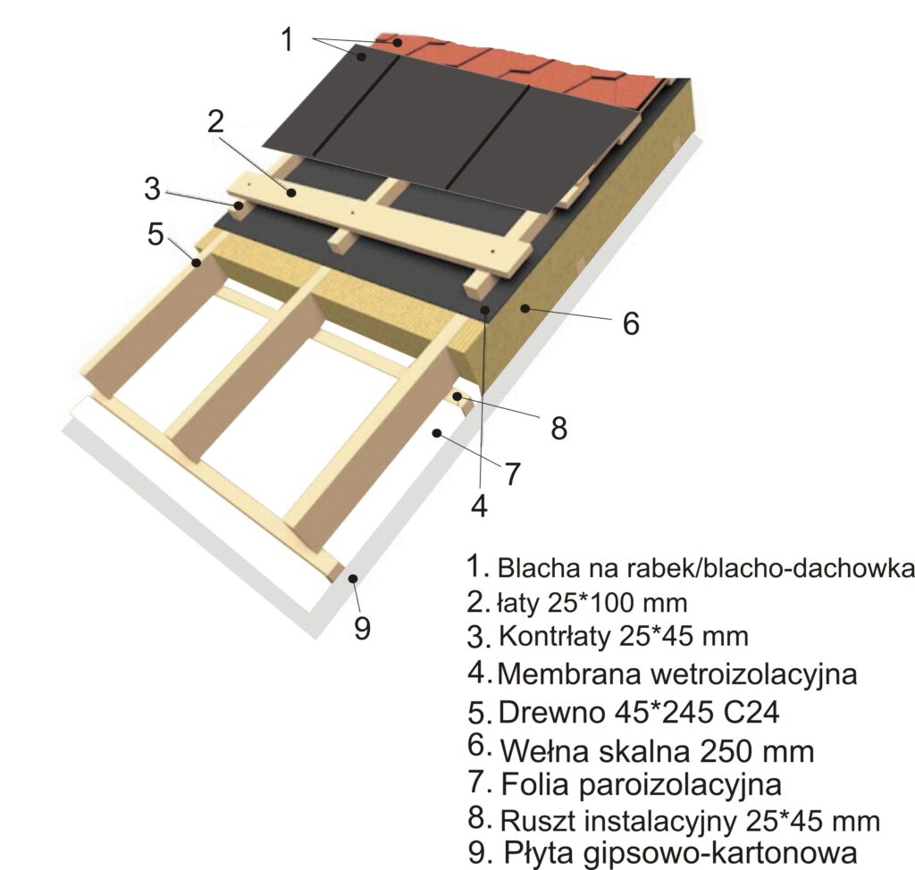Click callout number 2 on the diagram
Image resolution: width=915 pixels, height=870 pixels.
215,122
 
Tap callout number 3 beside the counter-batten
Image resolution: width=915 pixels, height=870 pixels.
152,189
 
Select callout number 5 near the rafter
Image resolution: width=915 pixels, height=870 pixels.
155,234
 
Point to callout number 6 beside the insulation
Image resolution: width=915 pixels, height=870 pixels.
631,323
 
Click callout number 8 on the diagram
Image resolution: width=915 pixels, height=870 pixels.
559,428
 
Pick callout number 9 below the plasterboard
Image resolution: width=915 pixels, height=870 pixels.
363,628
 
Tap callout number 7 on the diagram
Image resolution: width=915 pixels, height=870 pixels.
512,473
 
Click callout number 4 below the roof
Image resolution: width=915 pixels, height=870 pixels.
479,506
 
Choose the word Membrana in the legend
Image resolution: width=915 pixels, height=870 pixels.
569,674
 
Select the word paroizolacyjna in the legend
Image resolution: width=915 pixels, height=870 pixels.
680,785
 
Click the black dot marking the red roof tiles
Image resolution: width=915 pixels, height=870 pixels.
397,43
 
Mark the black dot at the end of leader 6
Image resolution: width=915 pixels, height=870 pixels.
525,307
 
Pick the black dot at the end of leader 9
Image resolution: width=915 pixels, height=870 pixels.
352,578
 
